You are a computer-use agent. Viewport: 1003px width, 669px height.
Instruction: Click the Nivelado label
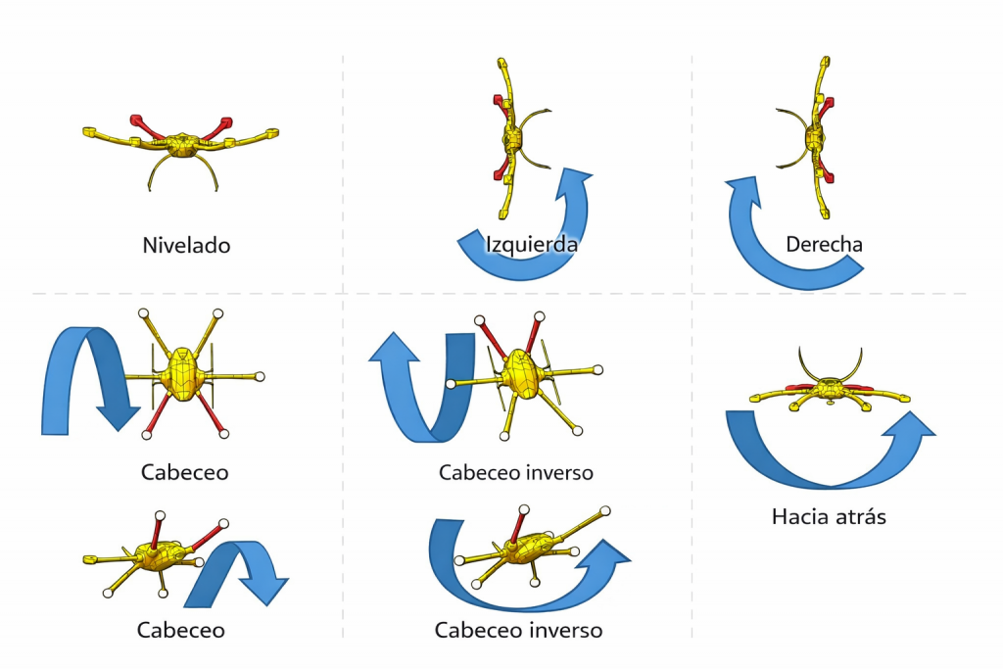tap(186, 245)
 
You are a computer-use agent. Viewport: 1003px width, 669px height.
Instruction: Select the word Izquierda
tap(532, 244)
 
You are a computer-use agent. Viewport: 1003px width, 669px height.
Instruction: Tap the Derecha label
tap(824, 244)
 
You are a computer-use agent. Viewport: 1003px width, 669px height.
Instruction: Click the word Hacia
tap(800, 515)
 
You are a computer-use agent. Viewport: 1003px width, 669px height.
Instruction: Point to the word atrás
tap(859, 515)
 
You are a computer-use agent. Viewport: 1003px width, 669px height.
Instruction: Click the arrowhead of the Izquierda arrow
tap(576, 181)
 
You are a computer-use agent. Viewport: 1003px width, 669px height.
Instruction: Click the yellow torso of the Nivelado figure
tap(181, 146)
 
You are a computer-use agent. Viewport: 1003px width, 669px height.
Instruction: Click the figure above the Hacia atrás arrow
tap(831, 388)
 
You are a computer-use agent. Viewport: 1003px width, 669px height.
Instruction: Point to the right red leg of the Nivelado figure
tap(217, 126)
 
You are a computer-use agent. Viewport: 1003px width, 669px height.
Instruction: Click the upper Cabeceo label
tap(184, 472)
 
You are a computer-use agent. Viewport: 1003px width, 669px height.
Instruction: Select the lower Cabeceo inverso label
tap(518, 629)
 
